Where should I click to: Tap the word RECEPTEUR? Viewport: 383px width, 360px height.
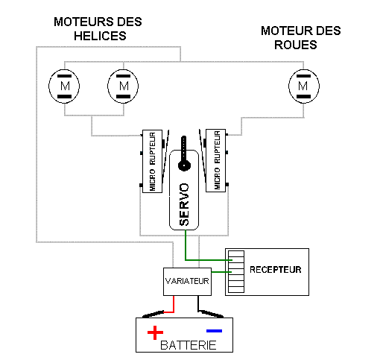pos(276,270)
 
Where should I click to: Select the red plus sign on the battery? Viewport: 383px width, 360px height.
pos(155,332)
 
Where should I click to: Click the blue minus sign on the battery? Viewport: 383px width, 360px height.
pos(214,331)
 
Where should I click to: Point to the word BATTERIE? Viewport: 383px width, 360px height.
pos(189,345)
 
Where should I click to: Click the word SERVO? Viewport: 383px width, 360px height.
pos(184,204)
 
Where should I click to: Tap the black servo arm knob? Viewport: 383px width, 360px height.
pos(184,165)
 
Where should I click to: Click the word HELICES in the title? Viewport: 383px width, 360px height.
pos(100,36)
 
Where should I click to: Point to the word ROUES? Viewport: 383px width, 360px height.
pos(296,45)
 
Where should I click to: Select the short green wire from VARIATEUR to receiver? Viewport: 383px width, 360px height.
pos(221,272)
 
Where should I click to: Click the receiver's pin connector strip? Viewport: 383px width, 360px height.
pos(236,271)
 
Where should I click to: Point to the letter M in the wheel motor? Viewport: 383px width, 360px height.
pos(303,86)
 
